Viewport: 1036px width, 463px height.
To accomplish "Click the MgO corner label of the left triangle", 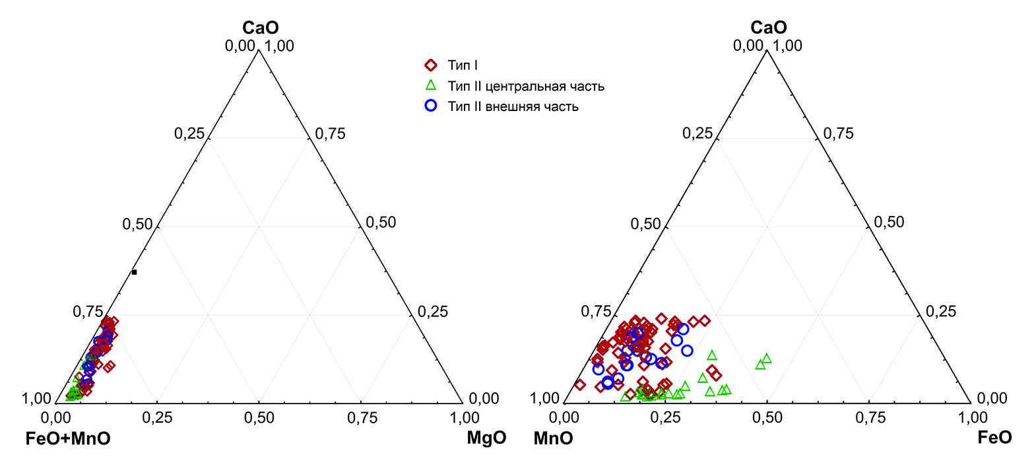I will pyautogui.click(x=486, y=439).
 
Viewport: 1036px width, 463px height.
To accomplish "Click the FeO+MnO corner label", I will pyautogui.click(x=68, y=439).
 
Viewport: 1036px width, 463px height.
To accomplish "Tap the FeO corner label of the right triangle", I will pyautogui.click(x=994, y=438).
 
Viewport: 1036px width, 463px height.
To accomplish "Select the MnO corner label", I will pyautogui.click(x=553, y=439).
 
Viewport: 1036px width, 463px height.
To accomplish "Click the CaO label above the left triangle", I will pyautogui.click(x=261, y=28).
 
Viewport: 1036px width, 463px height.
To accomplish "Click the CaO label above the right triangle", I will pyautogui.click(x=769, y=28).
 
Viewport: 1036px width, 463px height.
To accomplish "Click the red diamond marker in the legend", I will pyautogui.click(x=431, y=65).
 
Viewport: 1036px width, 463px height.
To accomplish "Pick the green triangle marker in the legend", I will pyautogui.click(x=431, y=85).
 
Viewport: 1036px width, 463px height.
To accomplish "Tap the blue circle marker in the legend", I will pyautogui.click(x=431, y=106).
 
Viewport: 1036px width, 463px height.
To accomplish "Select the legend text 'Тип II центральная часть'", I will pyautogui.click(x=526, y=87).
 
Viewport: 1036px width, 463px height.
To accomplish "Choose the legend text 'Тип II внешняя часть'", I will pyautogui.click(x=513, y=107).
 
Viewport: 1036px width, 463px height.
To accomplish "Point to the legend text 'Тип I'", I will pyautogui.click(x=463, y=66).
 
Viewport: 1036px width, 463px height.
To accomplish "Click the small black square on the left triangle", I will pyautogui.click(x=134, y=272).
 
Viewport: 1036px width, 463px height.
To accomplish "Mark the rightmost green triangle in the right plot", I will pyautogui.click(x=766, y=359).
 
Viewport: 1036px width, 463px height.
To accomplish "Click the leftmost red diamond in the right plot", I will pyautogui.click(x=580, y=384).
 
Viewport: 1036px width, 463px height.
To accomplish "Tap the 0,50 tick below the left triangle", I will pyautogui.click(x=259, y=417).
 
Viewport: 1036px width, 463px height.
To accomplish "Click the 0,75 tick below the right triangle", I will pyautogui.click(x=870, y=417).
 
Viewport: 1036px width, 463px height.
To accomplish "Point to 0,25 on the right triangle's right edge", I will pyautogui.click(x=940, y=312).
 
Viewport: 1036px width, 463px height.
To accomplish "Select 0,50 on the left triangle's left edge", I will pyautogui.click(x=137, y=225).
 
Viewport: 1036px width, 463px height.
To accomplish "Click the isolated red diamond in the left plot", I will pyautogui.click(x=110, y=365).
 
